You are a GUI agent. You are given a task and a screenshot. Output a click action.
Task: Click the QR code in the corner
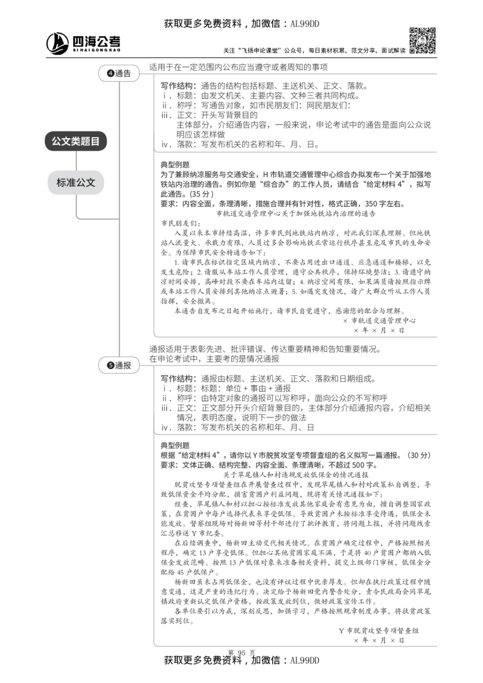click(422, 40)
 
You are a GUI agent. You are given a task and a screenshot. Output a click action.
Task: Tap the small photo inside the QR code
click(422, 40)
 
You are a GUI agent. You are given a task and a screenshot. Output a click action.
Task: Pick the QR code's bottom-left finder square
click(412, 51)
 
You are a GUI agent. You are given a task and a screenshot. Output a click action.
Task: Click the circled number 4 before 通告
click(110, 74)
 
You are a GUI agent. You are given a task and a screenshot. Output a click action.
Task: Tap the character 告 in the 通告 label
click(126, 74)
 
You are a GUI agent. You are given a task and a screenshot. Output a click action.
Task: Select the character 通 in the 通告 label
click(118, 74)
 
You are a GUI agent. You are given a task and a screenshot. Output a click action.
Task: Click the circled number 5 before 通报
click(110, 365)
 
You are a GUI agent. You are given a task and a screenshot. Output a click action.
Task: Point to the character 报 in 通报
click(126, 365)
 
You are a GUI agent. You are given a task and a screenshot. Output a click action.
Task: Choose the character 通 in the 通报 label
click(118, 365)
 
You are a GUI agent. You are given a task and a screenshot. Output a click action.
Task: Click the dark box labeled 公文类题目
click(76, 141)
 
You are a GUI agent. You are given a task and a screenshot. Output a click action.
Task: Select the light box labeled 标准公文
click(76, 182)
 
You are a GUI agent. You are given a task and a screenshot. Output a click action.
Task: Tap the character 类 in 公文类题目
click(76, 141)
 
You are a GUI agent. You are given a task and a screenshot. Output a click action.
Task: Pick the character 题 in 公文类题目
click(86, 141)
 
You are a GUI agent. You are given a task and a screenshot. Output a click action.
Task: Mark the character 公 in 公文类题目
click(57, 141)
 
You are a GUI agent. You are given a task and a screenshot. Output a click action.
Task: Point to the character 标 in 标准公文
click(62, 182)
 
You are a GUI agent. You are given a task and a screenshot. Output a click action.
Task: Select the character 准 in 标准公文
click(71, 182)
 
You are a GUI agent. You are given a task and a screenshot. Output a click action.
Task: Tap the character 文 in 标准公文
click(91, 182)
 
